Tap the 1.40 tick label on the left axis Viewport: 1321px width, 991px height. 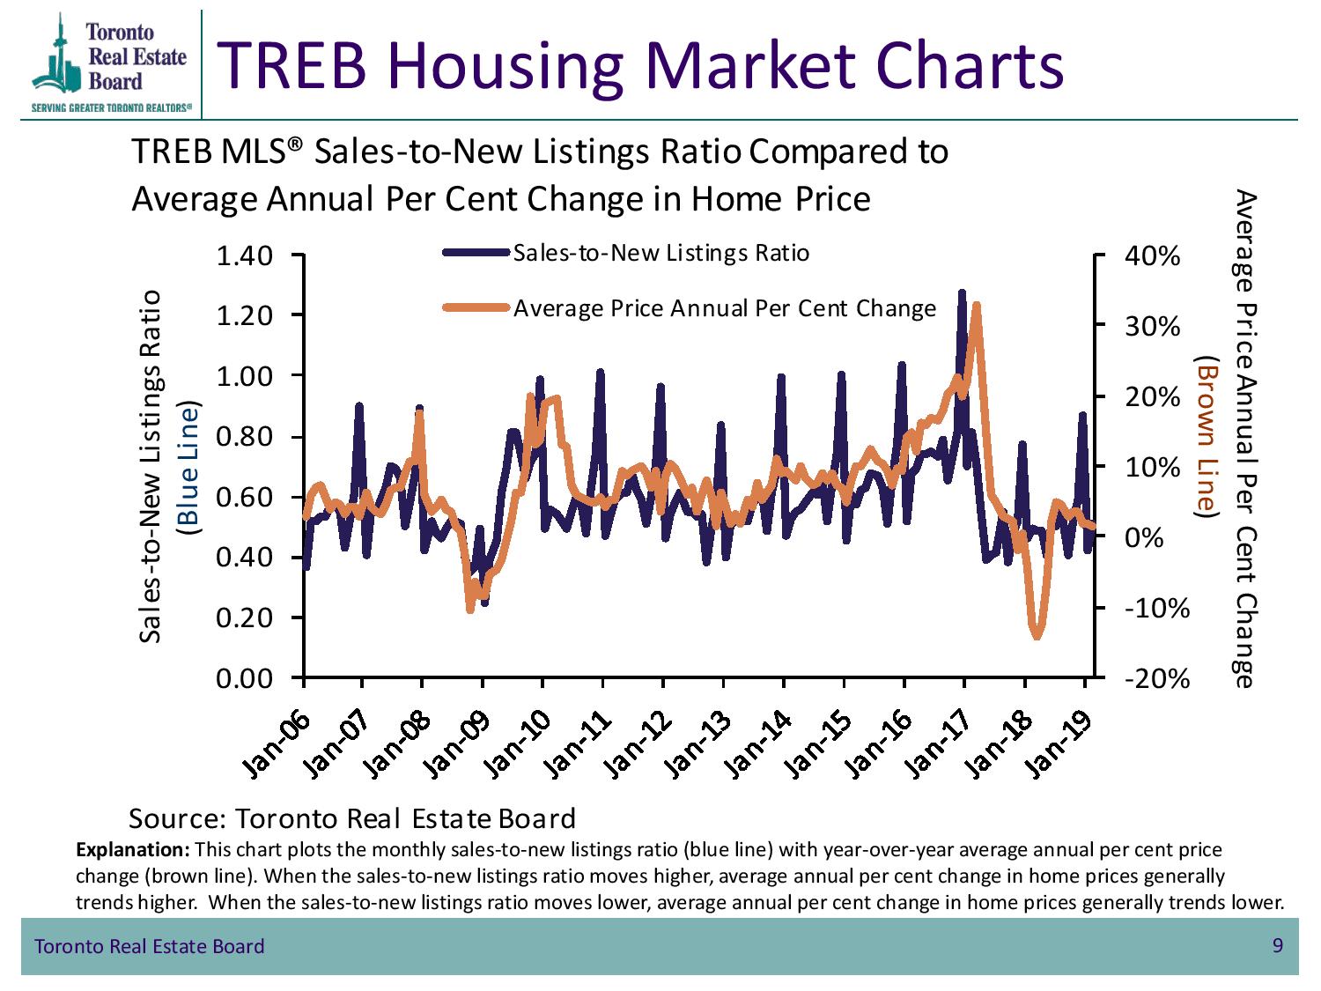244,257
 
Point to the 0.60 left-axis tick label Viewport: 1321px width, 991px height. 244,498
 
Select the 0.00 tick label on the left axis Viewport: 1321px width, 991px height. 244,679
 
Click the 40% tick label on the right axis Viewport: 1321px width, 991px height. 1153,257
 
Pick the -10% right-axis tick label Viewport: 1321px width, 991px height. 1157,609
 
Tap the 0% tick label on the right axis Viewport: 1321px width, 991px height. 1143,538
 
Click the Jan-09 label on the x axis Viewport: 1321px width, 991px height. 456,745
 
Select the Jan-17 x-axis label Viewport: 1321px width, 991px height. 938,745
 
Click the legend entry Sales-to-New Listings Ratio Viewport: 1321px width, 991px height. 626,254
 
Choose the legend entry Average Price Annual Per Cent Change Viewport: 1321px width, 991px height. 689,308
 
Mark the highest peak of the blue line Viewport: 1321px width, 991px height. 962,293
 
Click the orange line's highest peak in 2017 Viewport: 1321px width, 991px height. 976,306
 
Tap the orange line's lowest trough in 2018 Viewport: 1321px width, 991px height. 1037,636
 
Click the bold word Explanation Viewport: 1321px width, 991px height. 133,850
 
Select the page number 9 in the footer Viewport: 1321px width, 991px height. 1277,945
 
